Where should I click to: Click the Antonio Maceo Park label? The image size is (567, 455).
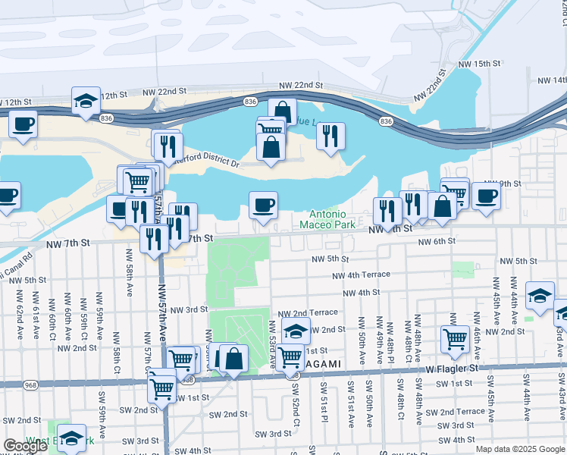(327, 219)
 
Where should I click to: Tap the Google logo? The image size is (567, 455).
(24, 446)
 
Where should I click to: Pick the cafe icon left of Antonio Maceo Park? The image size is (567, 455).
(263, 206)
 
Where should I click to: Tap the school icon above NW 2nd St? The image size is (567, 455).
(296, 331)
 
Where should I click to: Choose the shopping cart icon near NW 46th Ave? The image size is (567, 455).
(455, 339)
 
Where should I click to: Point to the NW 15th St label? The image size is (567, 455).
(494, 64)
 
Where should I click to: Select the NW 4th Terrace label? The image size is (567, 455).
(360, 275)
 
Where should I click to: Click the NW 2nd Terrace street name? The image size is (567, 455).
(308, 312)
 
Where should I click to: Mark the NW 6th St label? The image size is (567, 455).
(440, 240)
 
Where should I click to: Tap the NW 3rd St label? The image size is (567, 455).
(189, 309)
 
